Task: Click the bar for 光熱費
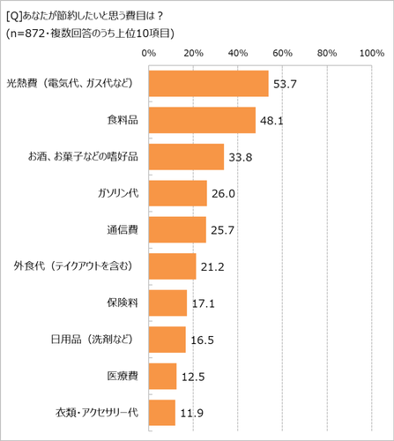(208, 83)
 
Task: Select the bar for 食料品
(202, 120)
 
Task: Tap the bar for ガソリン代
(177, 193)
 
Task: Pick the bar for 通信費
(177, 229)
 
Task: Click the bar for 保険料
(167, 303)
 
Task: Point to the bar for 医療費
(162, 376)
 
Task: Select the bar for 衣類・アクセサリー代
(161, 412)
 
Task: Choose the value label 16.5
(201, 340)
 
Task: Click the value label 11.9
(190, 413)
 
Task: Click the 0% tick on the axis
(148, 55)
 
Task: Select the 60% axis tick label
(282, 55)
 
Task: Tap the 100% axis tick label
(370, 55)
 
